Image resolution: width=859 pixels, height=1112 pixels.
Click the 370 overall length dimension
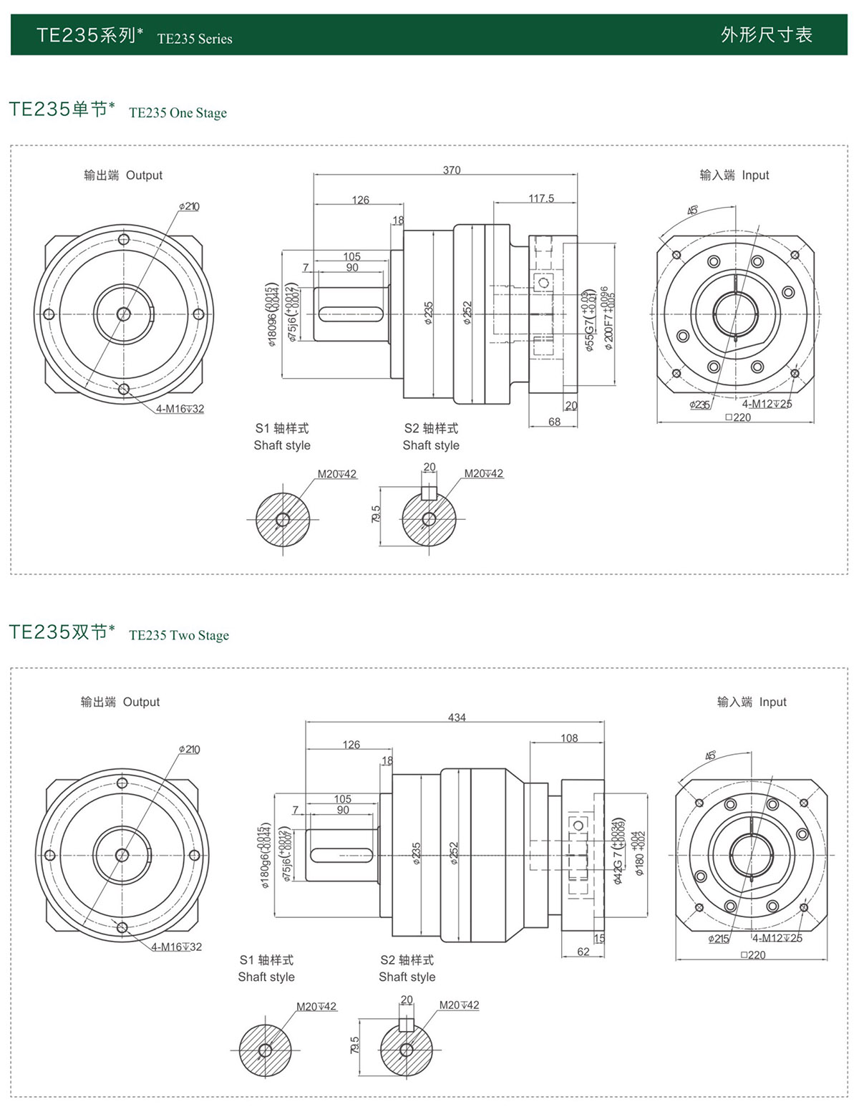pos(452,170)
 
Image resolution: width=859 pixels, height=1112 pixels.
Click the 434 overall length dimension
pos(457,717)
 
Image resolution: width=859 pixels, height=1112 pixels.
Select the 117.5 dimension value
pos(541,198)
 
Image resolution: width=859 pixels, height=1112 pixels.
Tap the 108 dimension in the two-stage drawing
pos(569,738)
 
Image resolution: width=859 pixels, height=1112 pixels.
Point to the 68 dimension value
pos(555,422)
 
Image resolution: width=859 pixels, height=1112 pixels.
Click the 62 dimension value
pos(583,952)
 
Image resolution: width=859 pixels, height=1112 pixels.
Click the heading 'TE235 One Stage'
pos(178,112)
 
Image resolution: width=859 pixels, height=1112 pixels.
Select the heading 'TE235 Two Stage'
pos(179,635)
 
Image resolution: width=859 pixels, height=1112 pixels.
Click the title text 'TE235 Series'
pos(195,39)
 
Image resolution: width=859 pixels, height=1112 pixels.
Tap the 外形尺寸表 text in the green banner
pos(767,34)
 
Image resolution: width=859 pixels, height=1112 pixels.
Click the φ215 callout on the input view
pos(719,939)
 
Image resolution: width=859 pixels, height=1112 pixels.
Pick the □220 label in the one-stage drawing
pos(738,417)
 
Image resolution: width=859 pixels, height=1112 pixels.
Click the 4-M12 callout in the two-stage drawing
pos(778,938)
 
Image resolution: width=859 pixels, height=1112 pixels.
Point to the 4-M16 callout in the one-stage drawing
pos(180,409)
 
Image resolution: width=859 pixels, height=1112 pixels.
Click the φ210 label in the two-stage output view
pos(190,750)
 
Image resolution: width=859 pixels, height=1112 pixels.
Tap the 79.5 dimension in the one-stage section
pos(377,513)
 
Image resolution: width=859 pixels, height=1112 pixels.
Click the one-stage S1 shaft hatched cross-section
pos(283,519)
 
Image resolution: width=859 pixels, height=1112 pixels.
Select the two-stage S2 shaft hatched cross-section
pos(406,1050)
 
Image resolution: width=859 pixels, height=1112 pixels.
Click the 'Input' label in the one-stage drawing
pos(755,175)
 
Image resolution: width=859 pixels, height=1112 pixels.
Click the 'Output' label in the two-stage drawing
pos(141,702)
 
